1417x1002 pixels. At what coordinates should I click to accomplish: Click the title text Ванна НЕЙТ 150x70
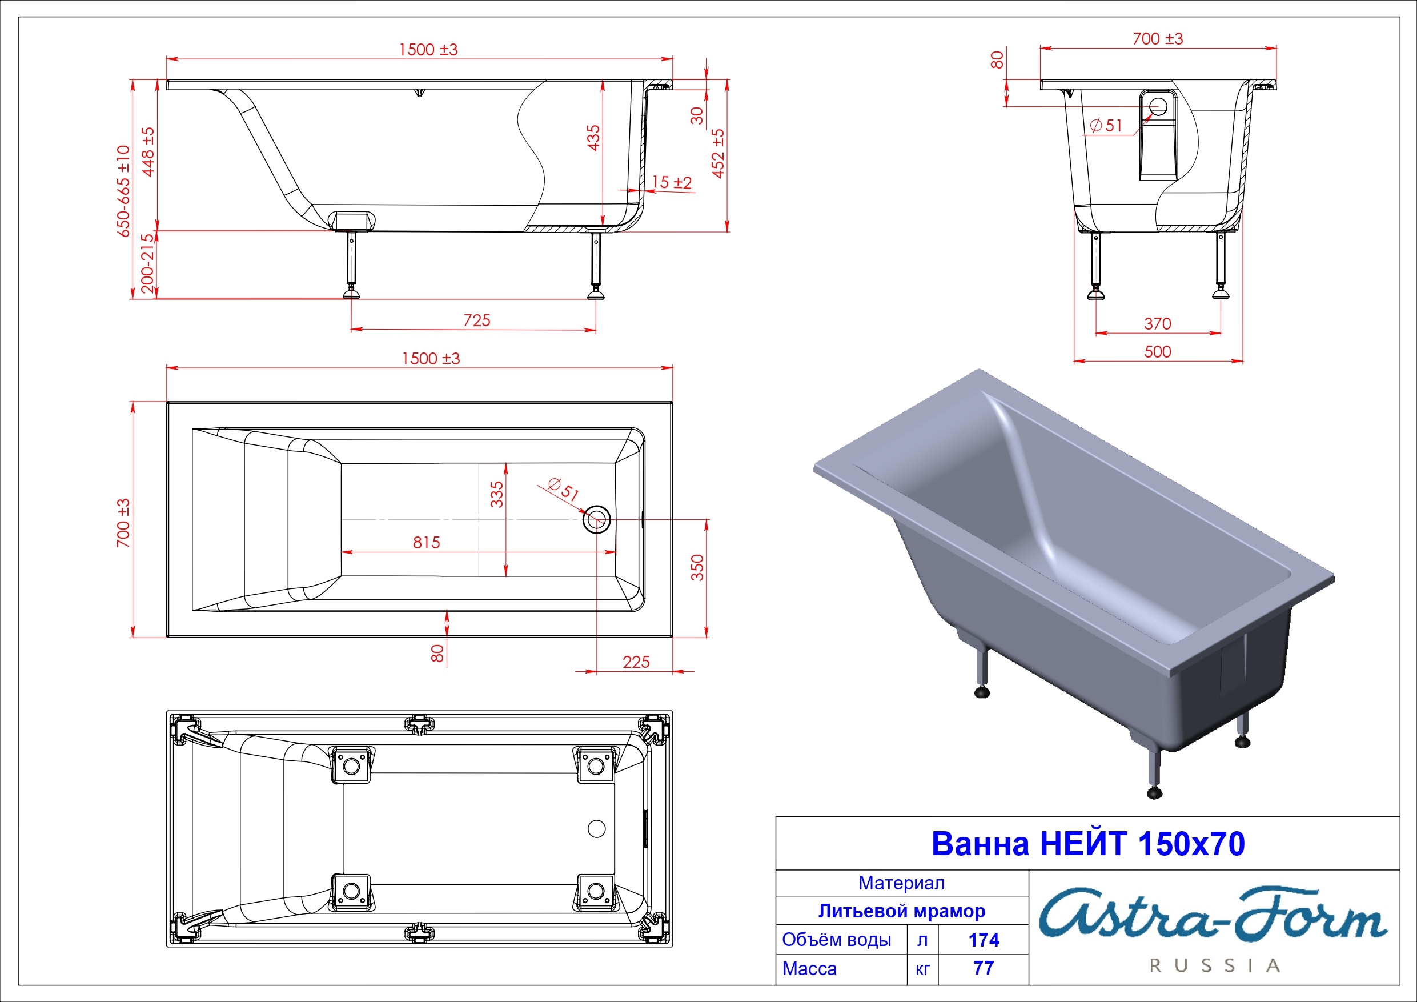tap(1087, 843)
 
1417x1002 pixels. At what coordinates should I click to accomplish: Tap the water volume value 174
tap(984, 940)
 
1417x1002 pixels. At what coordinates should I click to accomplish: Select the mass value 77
tap(984, 968)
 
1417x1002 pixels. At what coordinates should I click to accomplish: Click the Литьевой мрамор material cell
tap(902, 911)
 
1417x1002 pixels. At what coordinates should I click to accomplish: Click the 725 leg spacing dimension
tap(477, 320)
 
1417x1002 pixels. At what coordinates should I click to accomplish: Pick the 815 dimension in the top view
tap(427, 542)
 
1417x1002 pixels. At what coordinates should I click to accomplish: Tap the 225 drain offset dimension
tap(636, 662)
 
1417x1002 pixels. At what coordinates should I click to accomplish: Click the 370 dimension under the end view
tap(1158, 323)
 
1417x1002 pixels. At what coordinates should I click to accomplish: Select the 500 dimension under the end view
tap(1158, 351)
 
